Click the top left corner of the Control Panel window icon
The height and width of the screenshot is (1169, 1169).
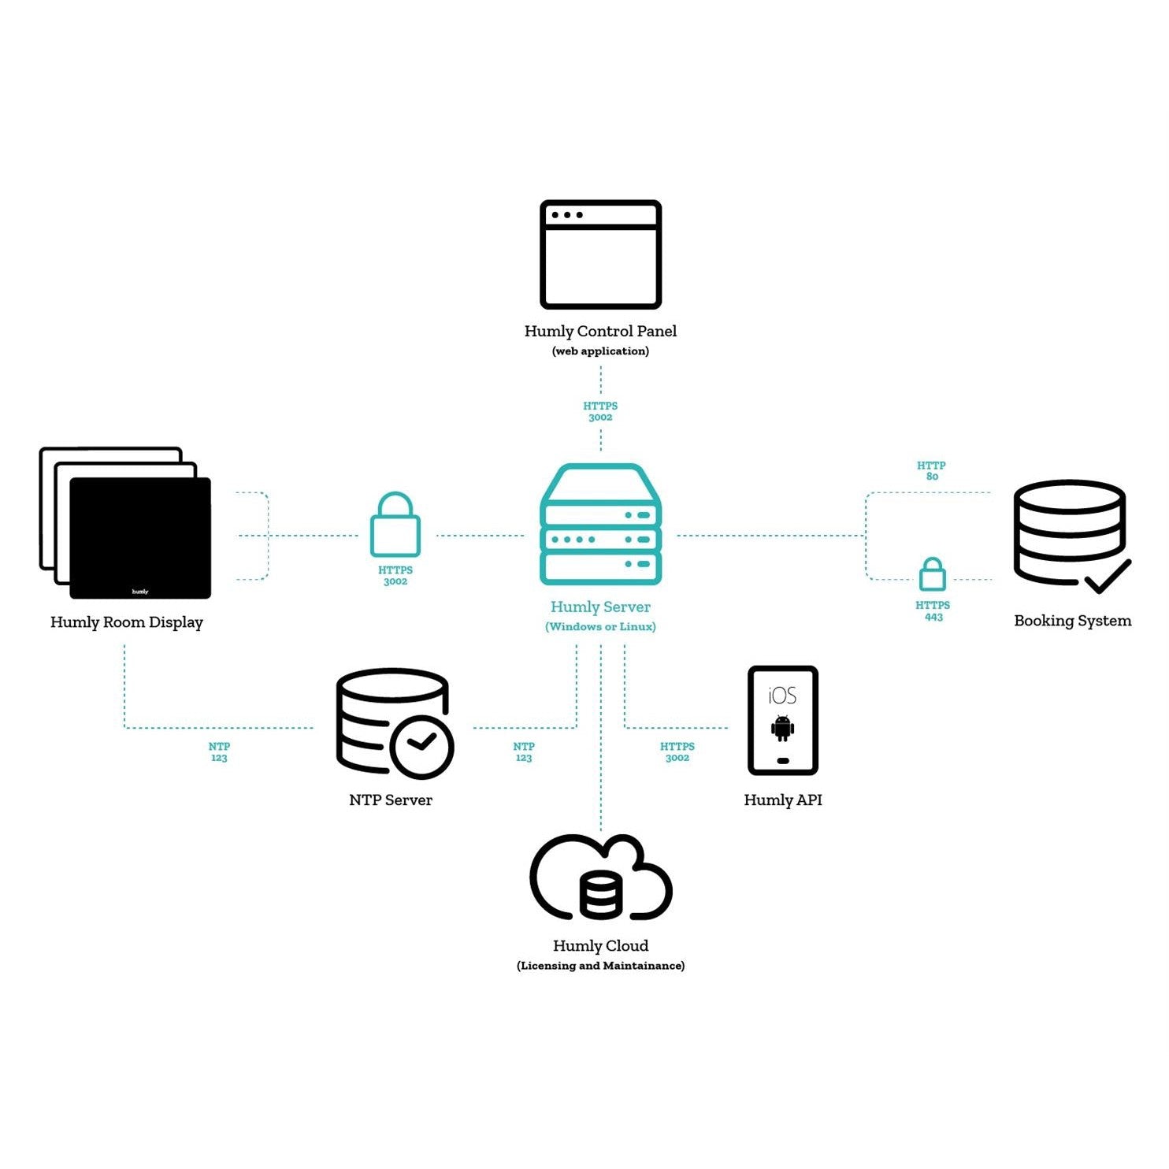(x=542, y=202)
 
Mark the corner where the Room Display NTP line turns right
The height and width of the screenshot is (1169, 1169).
(x=124, y=728)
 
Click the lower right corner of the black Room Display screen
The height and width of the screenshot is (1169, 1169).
(x=210, y=597)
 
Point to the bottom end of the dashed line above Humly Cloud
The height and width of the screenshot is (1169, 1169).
(x=601, y=832)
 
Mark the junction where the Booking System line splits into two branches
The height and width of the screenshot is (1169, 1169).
(x=866, y=536)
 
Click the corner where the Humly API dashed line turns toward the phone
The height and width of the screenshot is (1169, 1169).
(x=625, y=728)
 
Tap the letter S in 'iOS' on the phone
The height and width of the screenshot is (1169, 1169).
(x=790, y=696)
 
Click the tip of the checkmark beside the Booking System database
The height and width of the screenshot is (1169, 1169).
(x=1130, y=562)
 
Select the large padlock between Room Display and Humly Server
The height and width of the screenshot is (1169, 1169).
(x=395, y=525)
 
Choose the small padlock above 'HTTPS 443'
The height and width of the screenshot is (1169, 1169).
(x=933, y=574)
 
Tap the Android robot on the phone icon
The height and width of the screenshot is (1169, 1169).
(x=783, y=728)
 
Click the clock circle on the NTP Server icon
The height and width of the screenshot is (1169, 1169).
(x=421, y=747)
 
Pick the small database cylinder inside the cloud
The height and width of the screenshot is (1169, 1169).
(x=601, y=895)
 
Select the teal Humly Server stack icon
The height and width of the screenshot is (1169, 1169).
(x=600, y=525)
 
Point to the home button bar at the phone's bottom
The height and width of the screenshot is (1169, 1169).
(x=783, y=761)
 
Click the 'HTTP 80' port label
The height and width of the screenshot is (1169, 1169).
(x=932, y=471)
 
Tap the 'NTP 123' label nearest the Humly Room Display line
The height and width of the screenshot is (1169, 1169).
(x=219, y=752)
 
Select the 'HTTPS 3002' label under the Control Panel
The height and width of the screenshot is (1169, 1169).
(x=600, y=411)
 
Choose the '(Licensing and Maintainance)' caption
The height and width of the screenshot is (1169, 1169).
(x=601, y=966)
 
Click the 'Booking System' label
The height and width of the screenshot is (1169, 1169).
(x=1073, y=621)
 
